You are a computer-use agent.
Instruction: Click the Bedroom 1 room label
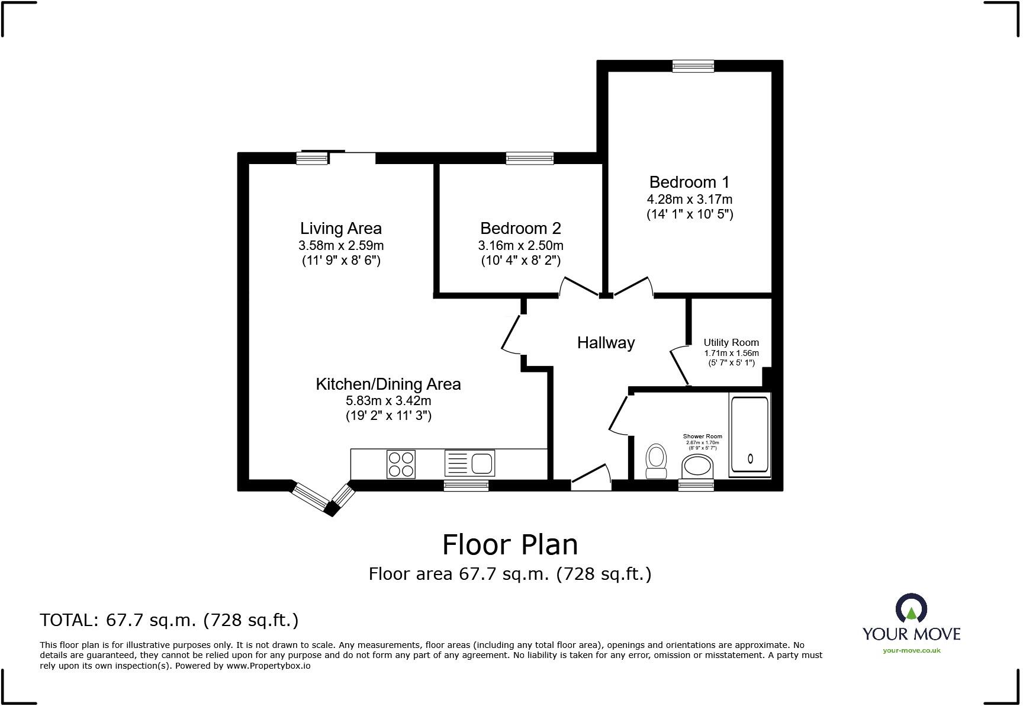pos(689,182)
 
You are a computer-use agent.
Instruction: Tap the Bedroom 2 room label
pos(520,228)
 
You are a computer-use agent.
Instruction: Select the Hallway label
pos(606,342)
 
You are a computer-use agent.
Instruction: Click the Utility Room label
pos(731,342)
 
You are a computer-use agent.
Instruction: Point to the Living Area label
pos(340,228)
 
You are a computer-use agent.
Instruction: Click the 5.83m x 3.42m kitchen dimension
pos(388,400)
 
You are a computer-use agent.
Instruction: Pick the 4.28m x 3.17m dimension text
pos(689,199)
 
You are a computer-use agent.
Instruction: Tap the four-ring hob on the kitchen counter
pos(401,464)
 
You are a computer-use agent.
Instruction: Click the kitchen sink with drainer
pos(469,463)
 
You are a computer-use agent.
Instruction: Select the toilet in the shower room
pos(655,460)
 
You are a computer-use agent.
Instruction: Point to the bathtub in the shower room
pos(749,435)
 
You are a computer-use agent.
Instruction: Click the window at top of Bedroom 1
pos(693,66)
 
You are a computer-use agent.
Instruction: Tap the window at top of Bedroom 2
pos(529,158)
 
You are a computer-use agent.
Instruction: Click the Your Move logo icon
pos(911,608)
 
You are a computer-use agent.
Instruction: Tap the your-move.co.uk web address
pos(911,650)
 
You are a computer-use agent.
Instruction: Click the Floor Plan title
pos(510,544)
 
